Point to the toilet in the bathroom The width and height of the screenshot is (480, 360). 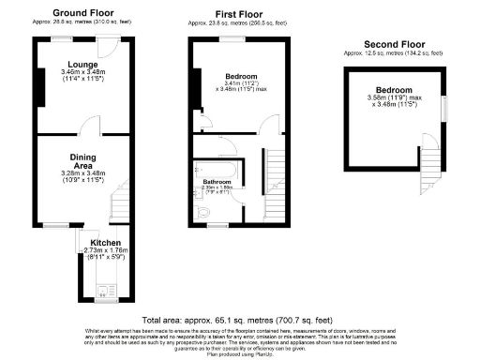click(x=203, y=213)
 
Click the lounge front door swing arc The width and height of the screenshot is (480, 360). click(x=110, y=47)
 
